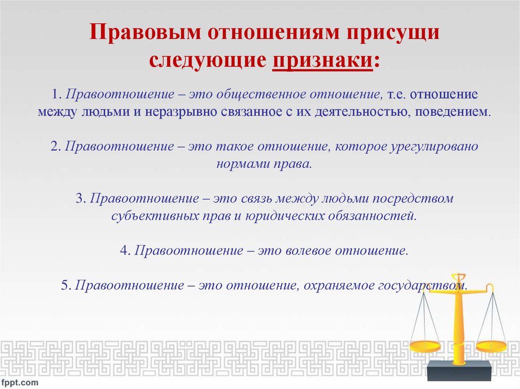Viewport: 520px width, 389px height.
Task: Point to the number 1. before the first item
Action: [x=56, y=95]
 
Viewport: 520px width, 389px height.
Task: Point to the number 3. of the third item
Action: [x=81, y=198]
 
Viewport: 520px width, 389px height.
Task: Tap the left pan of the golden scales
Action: [x=425, y=346]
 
